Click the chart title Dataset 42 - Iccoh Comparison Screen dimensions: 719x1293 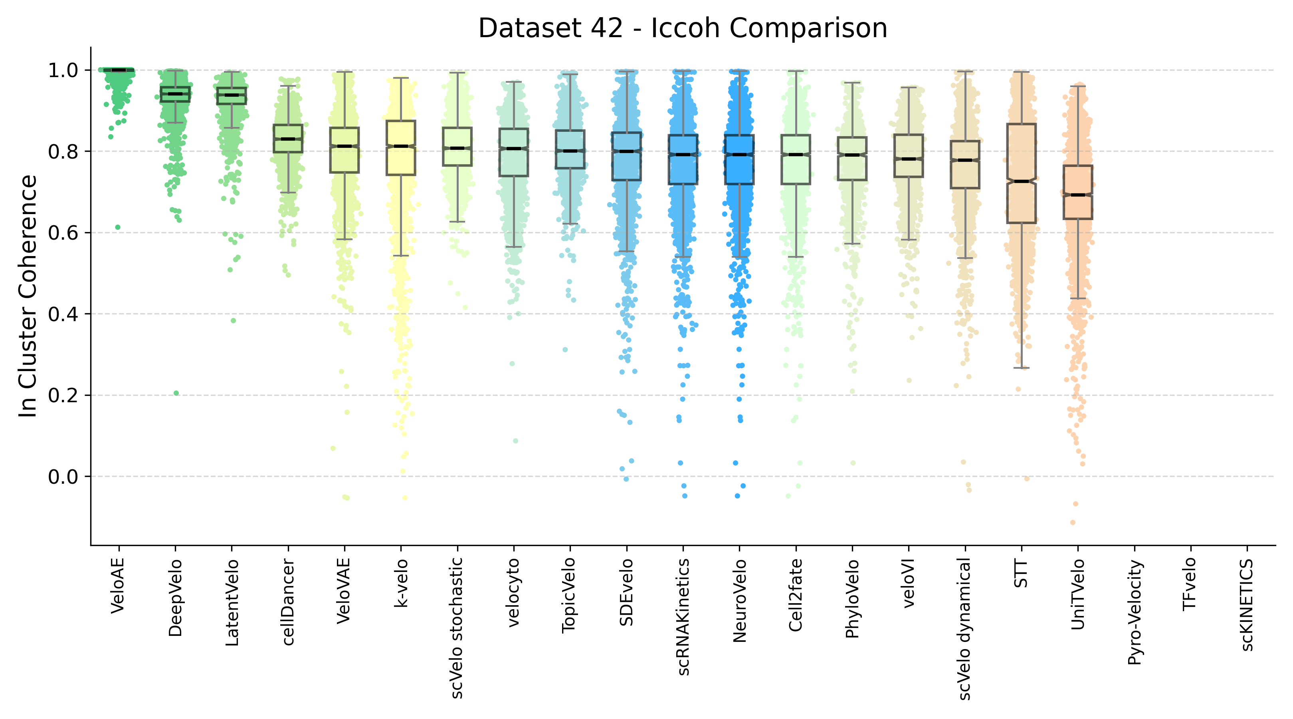(x=683, y=28)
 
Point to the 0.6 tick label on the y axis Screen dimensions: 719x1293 (x=63, y=233)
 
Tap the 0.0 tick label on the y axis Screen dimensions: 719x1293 (x=63, y=477)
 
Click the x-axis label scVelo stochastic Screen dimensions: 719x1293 (x=457, y=628)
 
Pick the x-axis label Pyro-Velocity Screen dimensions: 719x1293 (x=1135, y=613)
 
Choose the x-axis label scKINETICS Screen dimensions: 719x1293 (x=1247, y=605)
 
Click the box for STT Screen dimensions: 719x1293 (x=1022, y=201)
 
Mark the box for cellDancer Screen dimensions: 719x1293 (x=287, y=146)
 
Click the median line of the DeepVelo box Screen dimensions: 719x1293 (x=175, y=94)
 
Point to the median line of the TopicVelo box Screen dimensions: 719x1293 (x=570, y=151)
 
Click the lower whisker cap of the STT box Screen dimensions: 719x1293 (x=1022, y=368)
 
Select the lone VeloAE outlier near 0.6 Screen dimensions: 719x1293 (x=117, y=227)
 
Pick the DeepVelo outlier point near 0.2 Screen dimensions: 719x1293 (x=176, y=393)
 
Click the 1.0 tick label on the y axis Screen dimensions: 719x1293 (x=63, y=70)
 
